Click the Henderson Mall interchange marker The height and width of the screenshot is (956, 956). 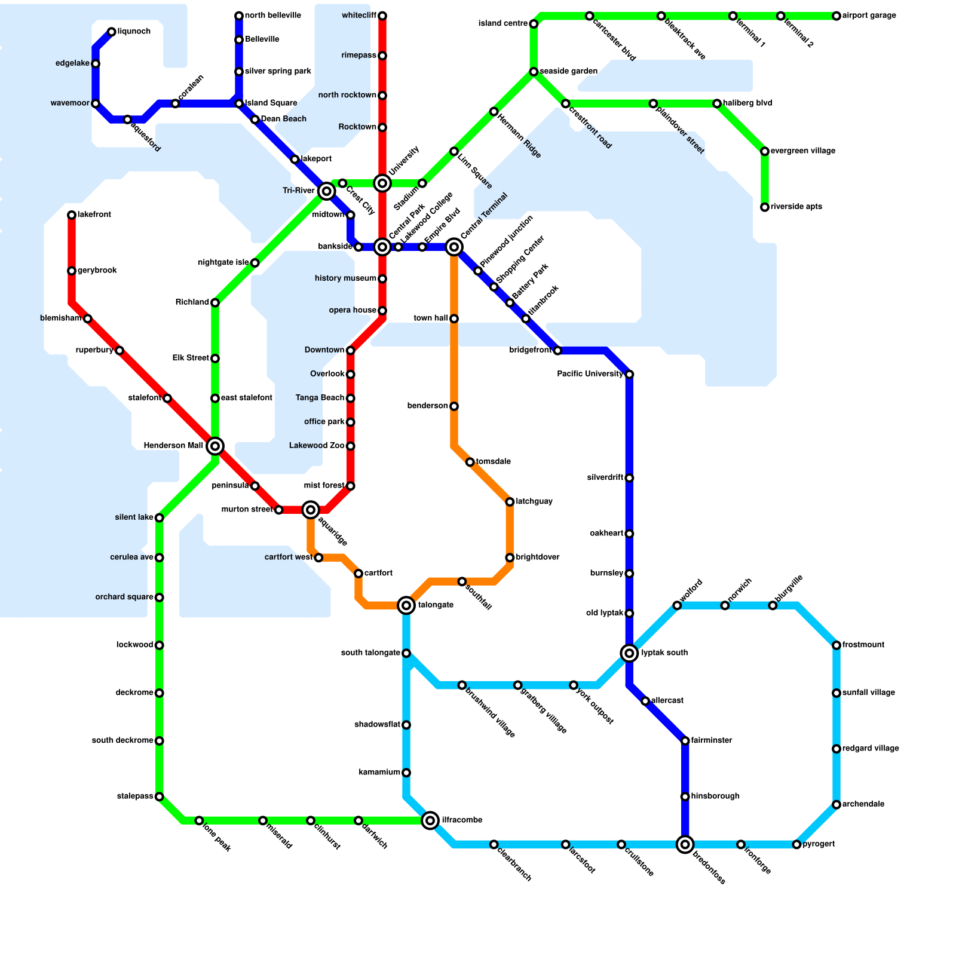click(x=215, y=446)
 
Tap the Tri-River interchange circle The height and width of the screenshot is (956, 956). click(x=326, y=191)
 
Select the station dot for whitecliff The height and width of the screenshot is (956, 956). click(x=382, y=16)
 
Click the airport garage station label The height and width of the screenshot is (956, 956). click(x=869, y=16)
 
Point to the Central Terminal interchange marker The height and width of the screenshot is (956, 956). click(x=454, y=247)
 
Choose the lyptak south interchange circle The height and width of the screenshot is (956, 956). click(x=629, y=653)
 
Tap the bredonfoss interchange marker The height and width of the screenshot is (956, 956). click(x=685, y=844)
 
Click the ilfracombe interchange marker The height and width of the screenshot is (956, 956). click(x=430, y=820)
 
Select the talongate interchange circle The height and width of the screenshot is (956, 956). click(x=406, y=605)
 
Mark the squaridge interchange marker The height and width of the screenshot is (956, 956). click(x=311, y=510)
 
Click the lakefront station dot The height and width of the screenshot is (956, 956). click(x=72, y=215)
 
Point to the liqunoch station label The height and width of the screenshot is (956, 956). click(x=134, y=32)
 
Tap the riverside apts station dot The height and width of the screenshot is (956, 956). click(x=765, y=207)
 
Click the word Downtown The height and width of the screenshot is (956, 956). click(x=324, y=350)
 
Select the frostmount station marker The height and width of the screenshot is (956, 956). click(x=836, y=645)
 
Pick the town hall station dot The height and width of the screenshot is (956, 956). click(x=454, y=318)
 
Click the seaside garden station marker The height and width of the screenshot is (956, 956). click(x=534, y=72)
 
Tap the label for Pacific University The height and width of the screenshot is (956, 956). click(x=590, y=374)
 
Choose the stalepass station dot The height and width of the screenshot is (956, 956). click(x=159, y=796)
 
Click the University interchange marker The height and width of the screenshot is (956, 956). click(x=382, y=183)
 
